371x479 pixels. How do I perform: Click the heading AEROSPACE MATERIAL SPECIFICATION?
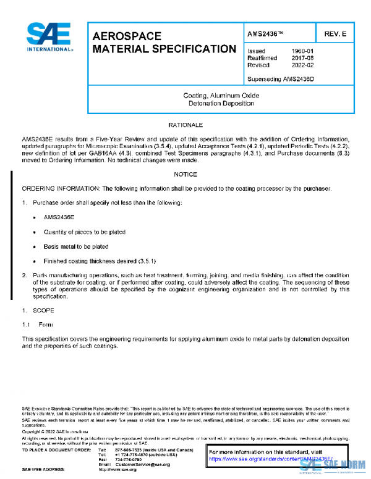[163, 42]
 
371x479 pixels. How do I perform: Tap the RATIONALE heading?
[185, 125]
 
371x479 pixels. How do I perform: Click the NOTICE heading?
[185, 175]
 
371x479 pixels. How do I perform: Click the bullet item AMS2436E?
[59, 218]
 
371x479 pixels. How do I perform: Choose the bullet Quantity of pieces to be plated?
[84, 232]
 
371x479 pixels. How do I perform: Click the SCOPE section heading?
[43, 310]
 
